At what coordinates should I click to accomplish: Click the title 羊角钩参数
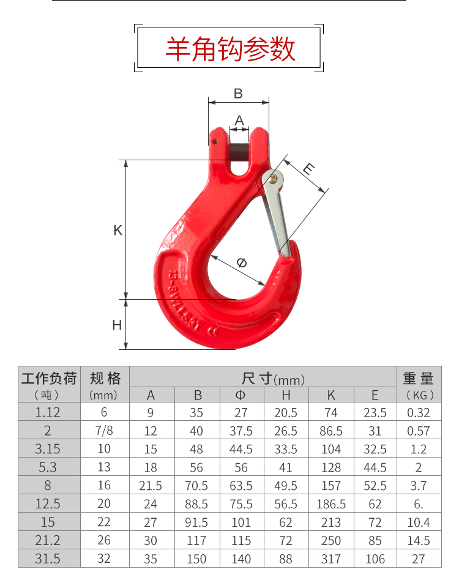229,49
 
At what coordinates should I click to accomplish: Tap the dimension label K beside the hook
118,231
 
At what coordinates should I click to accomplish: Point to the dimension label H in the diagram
117,325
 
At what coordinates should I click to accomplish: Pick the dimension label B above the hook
238,94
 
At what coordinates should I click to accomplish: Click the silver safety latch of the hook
277,214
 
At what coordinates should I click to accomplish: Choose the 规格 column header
105,377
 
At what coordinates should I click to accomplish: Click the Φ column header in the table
241,395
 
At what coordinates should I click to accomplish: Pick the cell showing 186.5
331,504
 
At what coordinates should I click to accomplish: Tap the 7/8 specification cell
105,431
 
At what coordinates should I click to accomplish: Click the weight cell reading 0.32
419,412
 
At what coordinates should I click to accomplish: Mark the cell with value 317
331,558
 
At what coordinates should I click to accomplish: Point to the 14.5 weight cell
419,541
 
